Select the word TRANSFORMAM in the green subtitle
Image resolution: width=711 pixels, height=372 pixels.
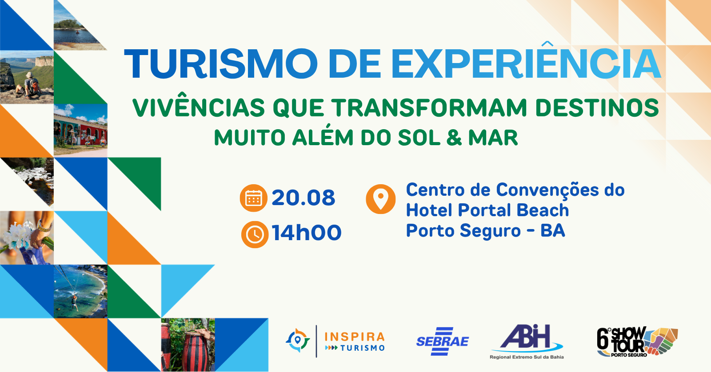coord(429,108)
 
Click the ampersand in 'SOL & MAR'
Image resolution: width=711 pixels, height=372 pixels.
coord(454,138)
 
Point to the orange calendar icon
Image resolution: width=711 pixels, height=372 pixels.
coord(253,198)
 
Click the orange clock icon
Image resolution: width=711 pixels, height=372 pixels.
coord(255,234)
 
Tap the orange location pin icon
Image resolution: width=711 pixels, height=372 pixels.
coord(380,199)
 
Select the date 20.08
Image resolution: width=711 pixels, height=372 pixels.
coord(304,198)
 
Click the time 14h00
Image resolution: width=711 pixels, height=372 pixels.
coord(307,233)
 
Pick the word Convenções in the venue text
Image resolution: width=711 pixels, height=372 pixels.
coord(546,191)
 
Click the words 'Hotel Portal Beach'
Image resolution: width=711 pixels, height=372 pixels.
coord(487,210)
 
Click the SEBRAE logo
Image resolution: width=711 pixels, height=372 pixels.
coord(443,341)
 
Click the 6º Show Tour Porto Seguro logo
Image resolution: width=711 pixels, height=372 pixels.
coord(637,342)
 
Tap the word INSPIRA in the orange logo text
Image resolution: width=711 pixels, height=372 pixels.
coord(355,337)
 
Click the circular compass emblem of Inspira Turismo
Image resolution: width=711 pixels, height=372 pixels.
coord(297,340)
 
